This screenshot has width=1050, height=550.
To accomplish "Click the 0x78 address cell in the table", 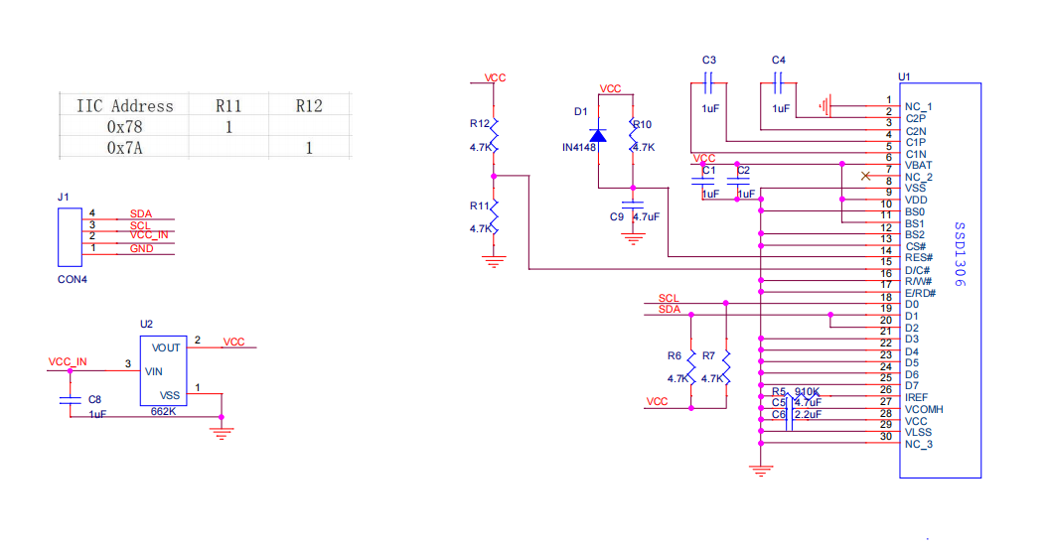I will tap(124, 126).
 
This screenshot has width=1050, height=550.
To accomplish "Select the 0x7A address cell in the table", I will tap(124, 148).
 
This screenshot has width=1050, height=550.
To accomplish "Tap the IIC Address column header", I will tap(124, 105).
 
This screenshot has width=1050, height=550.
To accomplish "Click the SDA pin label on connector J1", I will tap(141, 214).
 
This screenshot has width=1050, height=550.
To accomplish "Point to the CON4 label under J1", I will tap(73, 280).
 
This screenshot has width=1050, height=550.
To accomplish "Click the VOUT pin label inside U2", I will tap(165, 347).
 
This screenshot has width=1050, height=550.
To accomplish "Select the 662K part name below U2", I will tap(163, 411).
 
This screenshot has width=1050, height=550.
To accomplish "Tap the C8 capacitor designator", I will tap(95, 398).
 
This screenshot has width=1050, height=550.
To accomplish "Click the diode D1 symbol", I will tap(597, 135).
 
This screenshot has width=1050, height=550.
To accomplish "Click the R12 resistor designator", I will tap(480, 124).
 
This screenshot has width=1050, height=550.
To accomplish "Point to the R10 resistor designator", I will tap(643, 124).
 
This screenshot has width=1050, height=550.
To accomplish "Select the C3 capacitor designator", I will tap(708, 61).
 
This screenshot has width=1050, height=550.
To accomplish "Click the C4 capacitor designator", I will tap(778, 61).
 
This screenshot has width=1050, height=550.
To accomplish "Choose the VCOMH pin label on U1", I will tap(924, 409).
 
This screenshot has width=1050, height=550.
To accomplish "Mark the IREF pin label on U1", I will tap(916, 397).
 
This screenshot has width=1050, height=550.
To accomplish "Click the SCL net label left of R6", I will tap(669, 298).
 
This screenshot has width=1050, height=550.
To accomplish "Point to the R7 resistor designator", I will tap(708, 355).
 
